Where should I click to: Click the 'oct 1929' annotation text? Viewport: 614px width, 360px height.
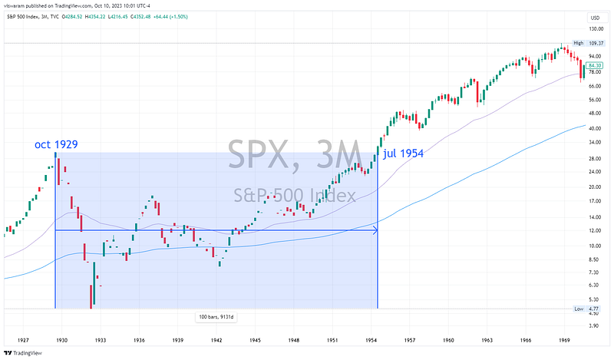(55, 144)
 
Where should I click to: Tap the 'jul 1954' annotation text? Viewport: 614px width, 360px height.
(403, 153)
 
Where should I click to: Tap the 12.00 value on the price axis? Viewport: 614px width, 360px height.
(595, 230)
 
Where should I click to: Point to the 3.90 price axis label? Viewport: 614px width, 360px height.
(595, 325)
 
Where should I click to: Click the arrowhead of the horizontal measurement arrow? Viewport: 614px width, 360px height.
(375, 230)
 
